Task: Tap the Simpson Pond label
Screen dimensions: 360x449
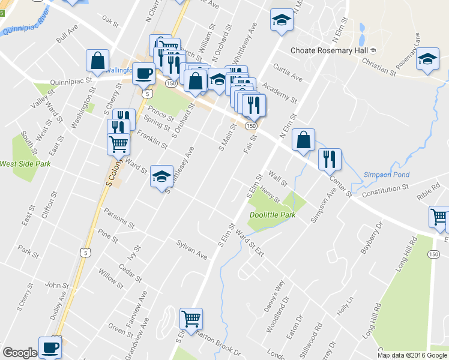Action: (387, 175)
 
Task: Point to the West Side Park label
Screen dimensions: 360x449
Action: (25, 163)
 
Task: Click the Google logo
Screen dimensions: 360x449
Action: (19, 353)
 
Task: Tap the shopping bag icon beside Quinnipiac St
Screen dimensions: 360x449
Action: (97, 60)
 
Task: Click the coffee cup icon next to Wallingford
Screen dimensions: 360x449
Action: (143, 73)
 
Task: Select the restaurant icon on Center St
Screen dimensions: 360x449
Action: (330, 159)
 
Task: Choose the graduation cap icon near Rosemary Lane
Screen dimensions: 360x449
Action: (427, 60)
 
